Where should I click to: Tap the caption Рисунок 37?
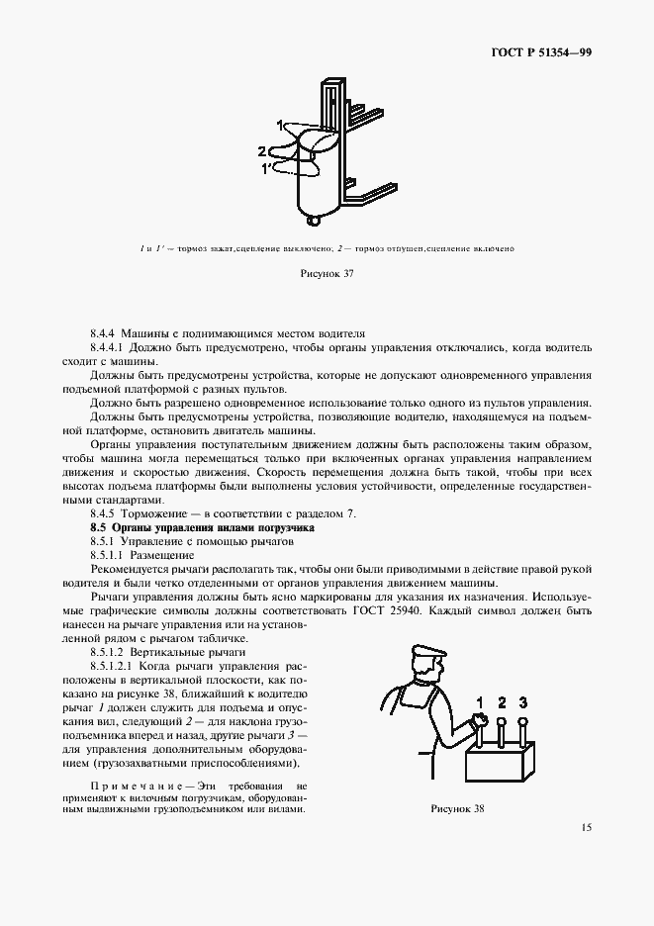tap(327, 273)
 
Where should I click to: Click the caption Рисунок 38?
tap(458, 808)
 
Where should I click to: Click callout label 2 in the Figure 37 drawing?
tap(262, 151)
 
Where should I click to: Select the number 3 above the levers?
tap(523, 703)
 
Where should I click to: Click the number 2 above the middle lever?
tap(502, 703)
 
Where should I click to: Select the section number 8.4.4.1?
tap(111, 348)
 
